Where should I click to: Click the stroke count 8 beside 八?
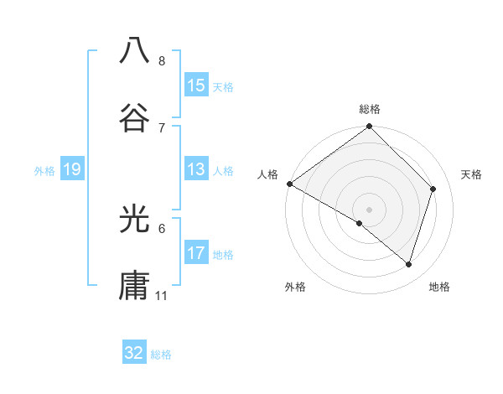tap(162, 61)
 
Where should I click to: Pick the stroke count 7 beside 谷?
tap(162, 127)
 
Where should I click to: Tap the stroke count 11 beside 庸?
tap(162, 296)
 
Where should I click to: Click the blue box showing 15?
tap(196, 86)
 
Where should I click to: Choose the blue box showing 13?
tap(196, 169)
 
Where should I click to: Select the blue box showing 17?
tap(196, 253)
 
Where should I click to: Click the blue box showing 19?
tap(71, 169)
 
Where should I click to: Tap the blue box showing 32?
tap(134, 353)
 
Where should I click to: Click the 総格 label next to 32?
tap(161, 355)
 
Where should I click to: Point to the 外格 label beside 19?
tap(44, 171)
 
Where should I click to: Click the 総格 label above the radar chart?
tap(370, 109)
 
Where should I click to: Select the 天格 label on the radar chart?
tap(472, 174)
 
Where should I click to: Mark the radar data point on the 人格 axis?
tap(290, 184)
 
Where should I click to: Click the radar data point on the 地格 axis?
tap(409, 264)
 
